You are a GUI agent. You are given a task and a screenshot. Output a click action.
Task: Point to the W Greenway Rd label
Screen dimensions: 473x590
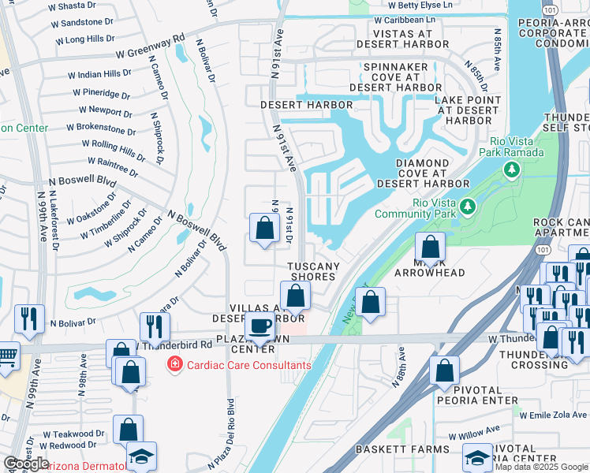click(150, 47)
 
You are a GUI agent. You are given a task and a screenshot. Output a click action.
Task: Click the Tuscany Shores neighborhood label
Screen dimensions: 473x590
click(312, 271)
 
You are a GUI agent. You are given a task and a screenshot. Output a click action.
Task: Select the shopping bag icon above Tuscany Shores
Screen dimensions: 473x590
click(265, 229)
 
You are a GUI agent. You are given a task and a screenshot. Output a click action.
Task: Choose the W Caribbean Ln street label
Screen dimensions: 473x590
click(405, 19)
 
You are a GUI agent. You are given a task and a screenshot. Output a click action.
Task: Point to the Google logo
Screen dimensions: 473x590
click(26, 464)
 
